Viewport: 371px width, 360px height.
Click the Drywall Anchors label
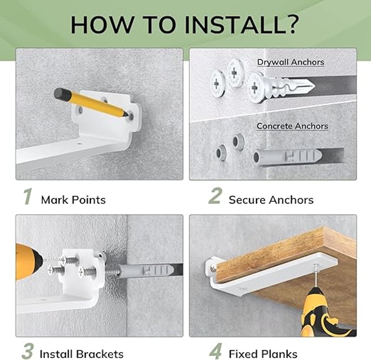(x=291, y=62)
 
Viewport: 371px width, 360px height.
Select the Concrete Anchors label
(x=293, y=126)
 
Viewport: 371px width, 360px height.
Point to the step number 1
(x=28, y=196)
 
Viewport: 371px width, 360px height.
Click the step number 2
(x=215, y=196)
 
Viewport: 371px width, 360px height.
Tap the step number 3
(x=27, y=351)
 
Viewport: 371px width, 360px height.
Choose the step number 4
(x=216, y=351)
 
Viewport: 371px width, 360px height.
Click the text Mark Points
(x=73, y=200)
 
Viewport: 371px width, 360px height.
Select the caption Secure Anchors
(x=271, y=200)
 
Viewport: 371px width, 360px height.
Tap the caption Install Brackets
(x=82, y=354)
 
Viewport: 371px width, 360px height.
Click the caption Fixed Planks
(x=263, y=354)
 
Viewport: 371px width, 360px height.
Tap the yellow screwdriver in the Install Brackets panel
(x=28, y=262)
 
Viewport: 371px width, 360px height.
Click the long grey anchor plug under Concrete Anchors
(x=286, y=156)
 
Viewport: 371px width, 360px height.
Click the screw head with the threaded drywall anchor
(x=256, y=88)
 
